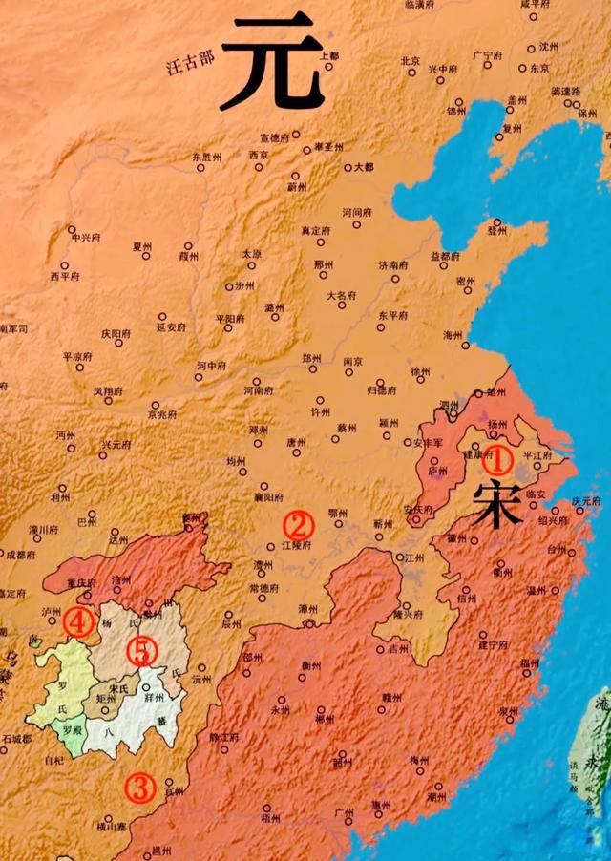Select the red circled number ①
pyautogui.click(x=496, y=460)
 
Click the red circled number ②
pyautogui.click(x=298, y=523)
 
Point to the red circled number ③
pyautogui.click(x=141, y=788)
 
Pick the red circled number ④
pyautogui.click(x=78, y=622)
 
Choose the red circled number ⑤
pyautogui.click(x=141, y=651)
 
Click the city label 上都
pyautogui.click(x=329, y=56)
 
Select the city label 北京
pyautogui.click(x=411, y=60)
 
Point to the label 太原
pyautogui.click(x=251, y=254)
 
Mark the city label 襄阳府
pyautogui.click(x=269, y=497)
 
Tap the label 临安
pyautogui.click(x=537, y=493)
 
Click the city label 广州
pyautogui.click(x=345, y=811)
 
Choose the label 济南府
pyautogui.click(x=393, y=264)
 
